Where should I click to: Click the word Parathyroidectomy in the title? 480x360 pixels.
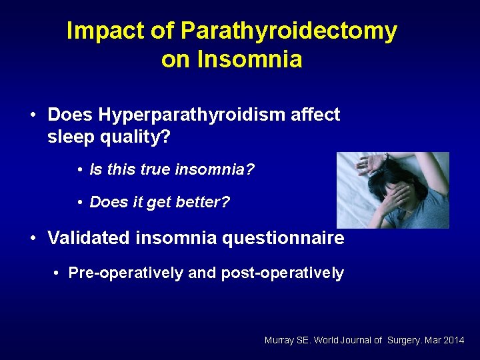289,31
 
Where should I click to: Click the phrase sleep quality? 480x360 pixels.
109,137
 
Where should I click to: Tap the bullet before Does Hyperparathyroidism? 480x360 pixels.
33,115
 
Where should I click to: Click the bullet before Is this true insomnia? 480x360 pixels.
79,171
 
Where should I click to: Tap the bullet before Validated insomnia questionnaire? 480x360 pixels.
33,239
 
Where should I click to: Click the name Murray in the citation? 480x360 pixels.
279,341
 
